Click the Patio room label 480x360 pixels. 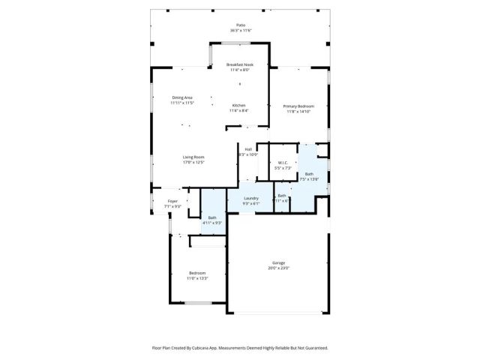click(x=240, y=25)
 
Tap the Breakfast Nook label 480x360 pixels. click(x=240, y=64)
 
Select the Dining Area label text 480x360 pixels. click(x=182, y=97)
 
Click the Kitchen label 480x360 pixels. click(x=239, y=105)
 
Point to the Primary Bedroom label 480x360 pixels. click(x=298, y=106)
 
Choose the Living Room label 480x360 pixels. click(x=193, y=157)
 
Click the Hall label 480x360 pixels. click(x=248, y=149)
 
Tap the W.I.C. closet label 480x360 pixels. click(x=283, y=163)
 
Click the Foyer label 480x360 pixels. click(x=172, y=201)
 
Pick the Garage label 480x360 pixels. click(x=278, y=262)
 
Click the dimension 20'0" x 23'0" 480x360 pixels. click(x=278, y=268)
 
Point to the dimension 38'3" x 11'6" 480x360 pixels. click(x=240, y=30)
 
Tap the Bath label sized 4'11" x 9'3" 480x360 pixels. click(x=212, y=217)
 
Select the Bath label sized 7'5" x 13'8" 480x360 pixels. click(x=309, y=174)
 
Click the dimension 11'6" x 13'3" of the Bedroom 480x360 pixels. click(x=197, y=277)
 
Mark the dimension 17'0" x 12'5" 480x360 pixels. click(x=193, y=162)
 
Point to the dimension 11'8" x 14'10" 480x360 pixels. click(x=298, y=111)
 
